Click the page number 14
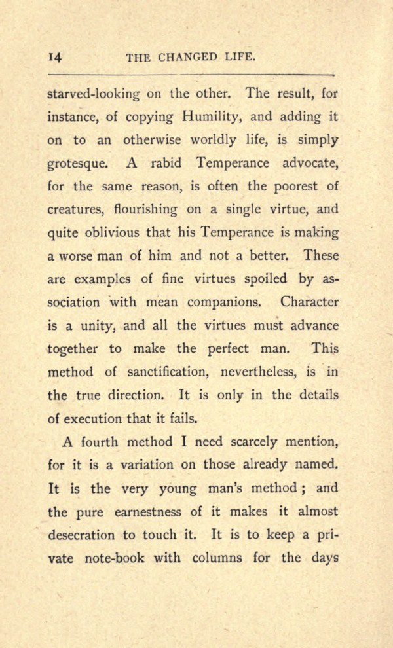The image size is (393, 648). pos(55,58)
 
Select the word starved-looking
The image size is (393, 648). pos(94,94)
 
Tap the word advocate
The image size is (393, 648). pos(307,163)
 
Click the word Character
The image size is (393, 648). pos(309,302)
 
